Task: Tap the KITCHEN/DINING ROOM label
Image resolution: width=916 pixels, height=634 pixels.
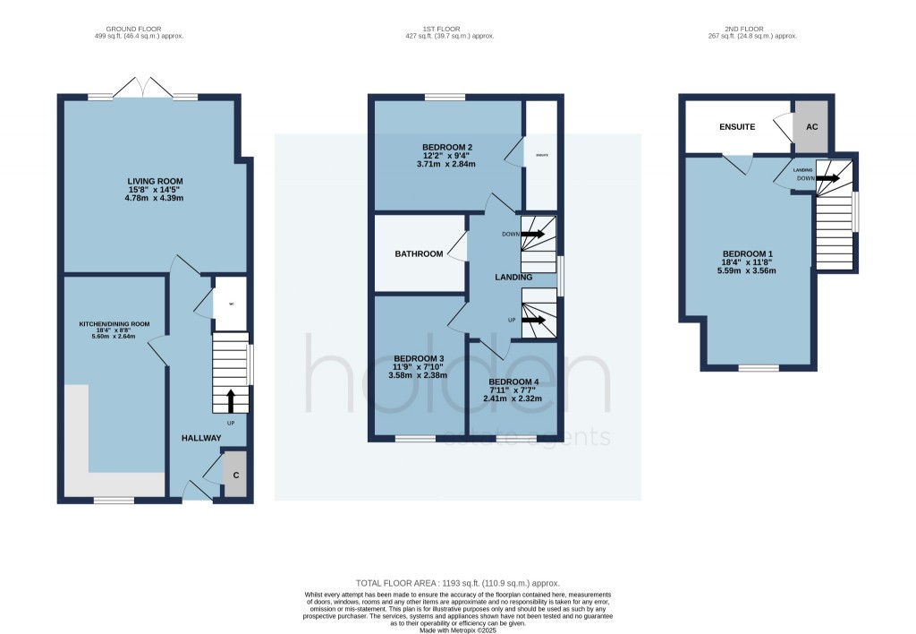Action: coord(113,324)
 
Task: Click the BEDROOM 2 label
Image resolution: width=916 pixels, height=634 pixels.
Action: coord(447,147)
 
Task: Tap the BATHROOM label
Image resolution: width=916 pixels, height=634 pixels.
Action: coord(420,254)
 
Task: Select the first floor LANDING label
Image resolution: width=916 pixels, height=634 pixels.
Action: coord(514,278)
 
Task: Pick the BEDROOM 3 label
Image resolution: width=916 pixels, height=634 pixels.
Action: coord(418,365)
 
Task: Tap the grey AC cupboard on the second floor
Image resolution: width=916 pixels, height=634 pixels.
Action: coord(811,127)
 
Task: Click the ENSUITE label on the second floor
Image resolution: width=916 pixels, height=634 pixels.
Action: coord(737,127)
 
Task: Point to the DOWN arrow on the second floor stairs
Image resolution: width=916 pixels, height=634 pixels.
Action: coord(827,177)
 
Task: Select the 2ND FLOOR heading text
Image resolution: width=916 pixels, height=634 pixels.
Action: coord(759,29)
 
